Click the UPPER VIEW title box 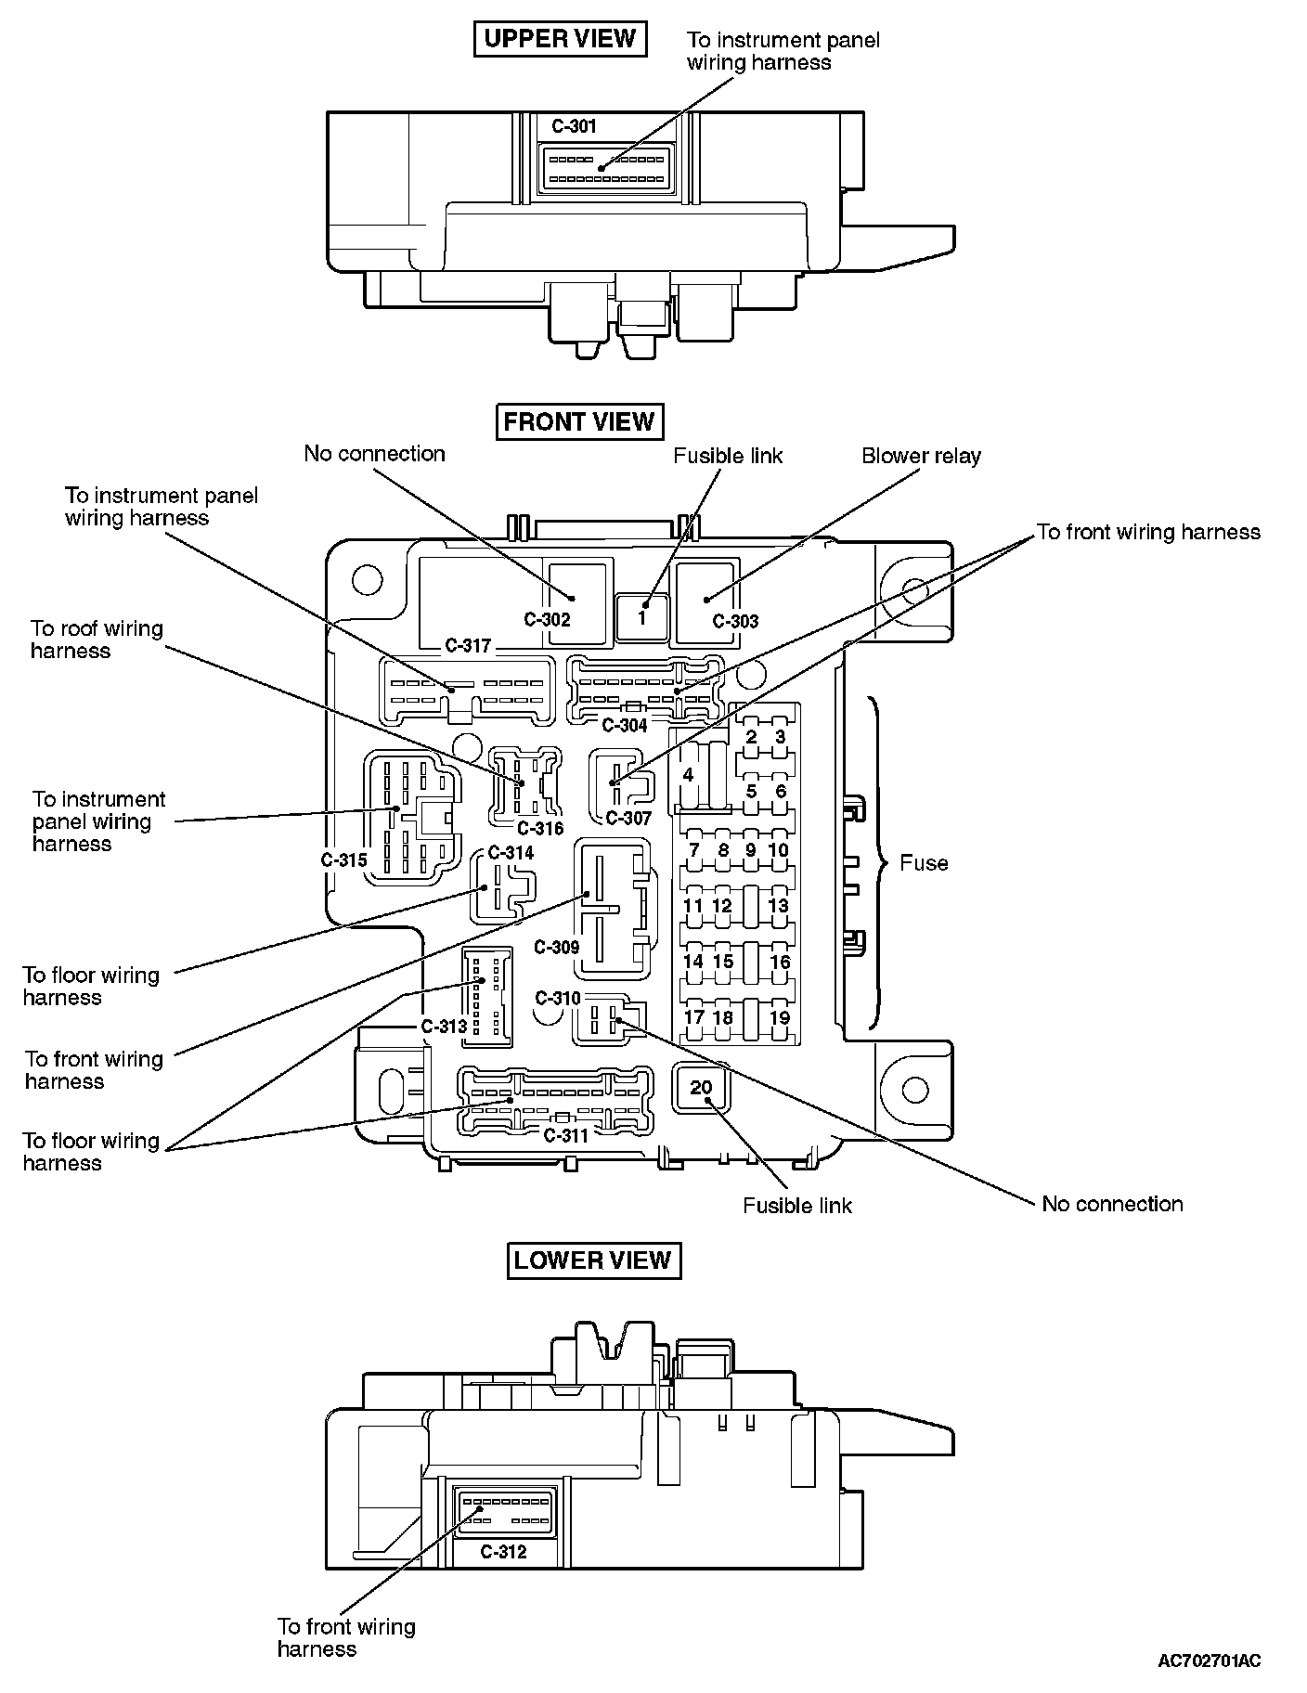(x=560, y=39)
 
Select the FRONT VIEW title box (x=579, y=422)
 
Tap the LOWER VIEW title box (x=592, y=1260)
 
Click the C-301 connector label (x=575, y=126)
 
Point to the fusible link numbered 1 (x=641, y=616)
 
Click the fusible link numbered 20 (x=701, y=1088)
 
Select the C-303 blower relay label (x=735, y=622)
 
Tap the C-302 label (x=548, y=620)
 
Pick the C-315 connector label (x=344, y=860)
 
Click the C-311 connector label (x=565, y=1135)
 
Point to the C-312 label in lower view (x=504, y=1552)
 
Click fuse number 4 (x=688, y=775)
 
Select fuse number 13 (x=778, y=906)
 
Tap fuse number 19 (x=780, y=1017)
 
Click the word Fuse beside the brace (x=924, y=863)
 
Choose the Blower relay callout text (x=921, y=456)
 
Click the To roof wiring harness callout (x=97, y=640)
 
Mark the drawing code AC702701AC (x=1210, y=1661)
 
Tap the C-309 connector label (x=557, y=948)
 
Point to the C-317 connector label (x=468, y=646)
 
